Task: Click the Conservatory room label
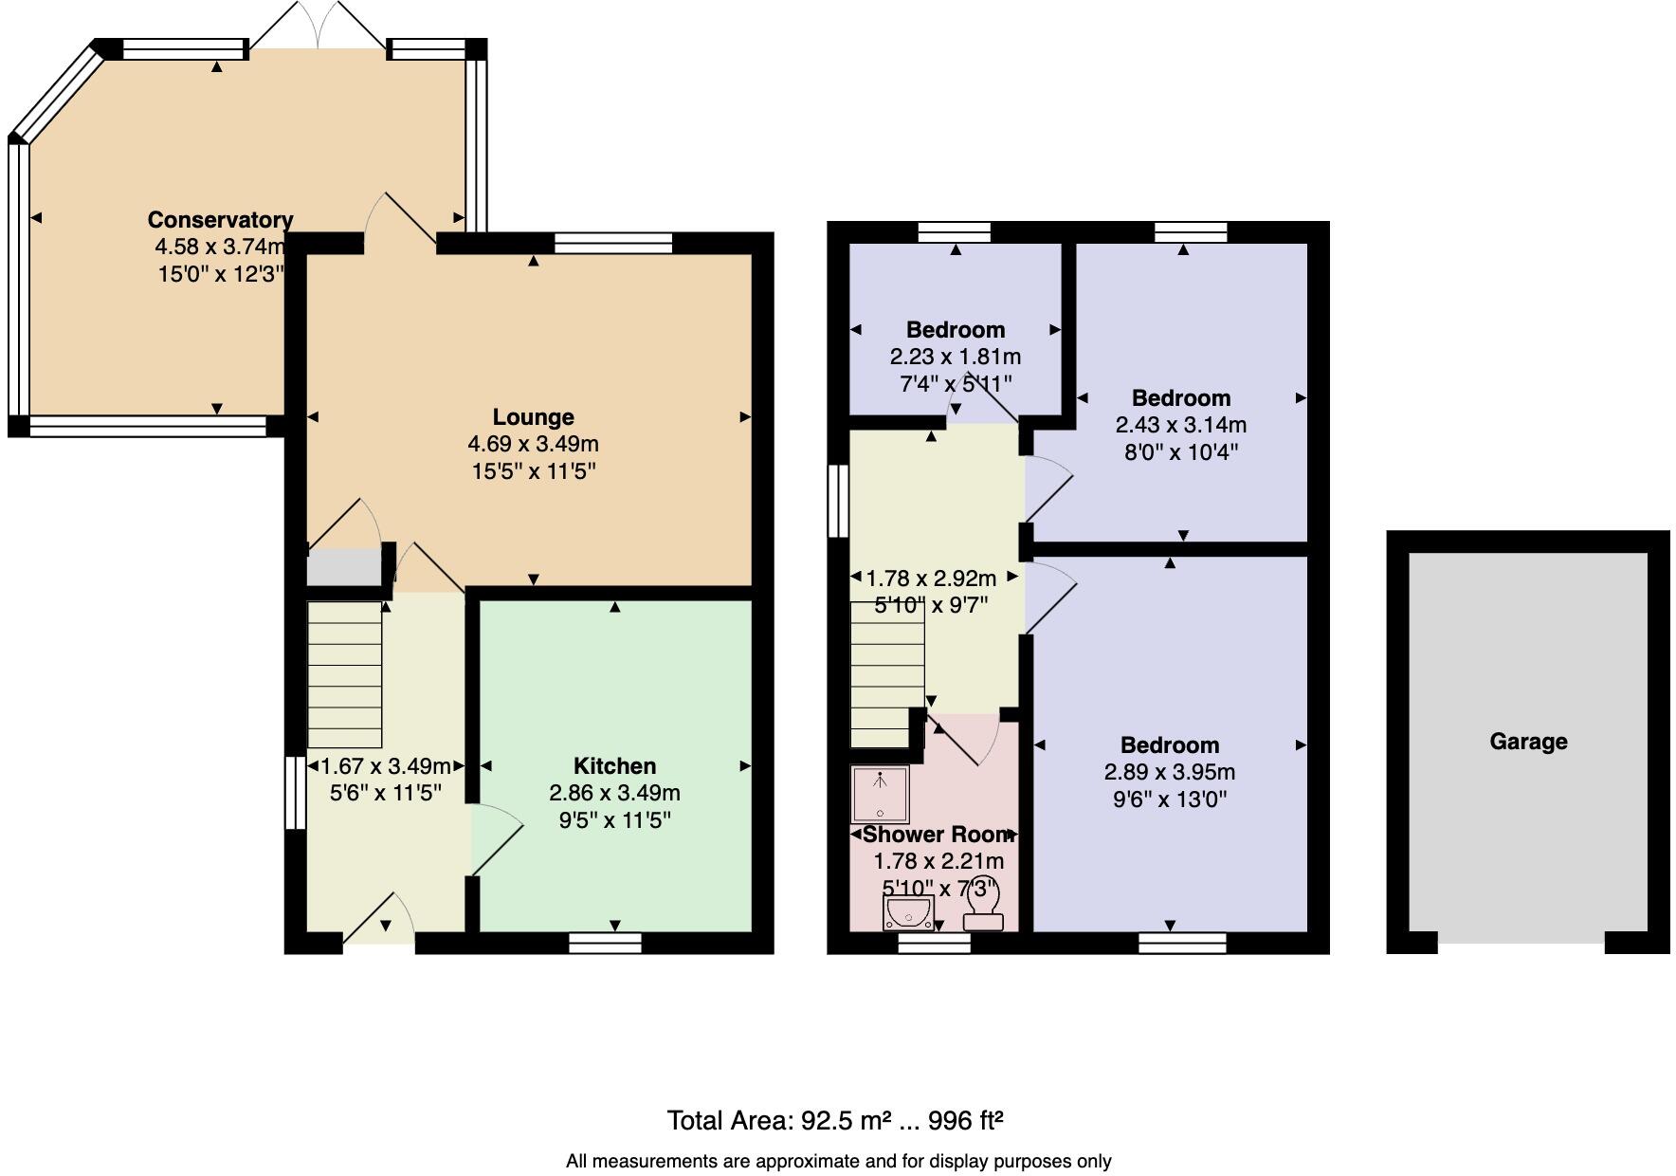coord(220,220)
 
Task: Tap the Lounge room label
coord(533,417)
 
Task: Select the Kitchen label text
coord(614,766)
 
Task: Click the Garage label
coord(1528,742)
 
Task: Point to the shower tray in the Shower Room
coord(881,795)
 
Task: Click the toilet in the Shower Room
coord(983,910)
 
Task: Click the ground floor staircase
coord(345,674)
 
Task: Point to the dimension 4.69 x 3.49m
coord(533,444)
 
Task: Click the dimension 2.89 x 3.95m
coord(1169,772)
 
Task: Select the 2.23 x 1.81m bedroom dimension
coord(955,357)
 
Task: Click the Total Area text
coord(835,1121)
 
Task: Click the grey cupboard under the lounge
coord(343,567)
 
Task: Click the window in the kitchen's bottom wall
coord(605,943)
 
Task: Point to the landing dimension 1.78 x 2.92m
coord(931,578)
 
